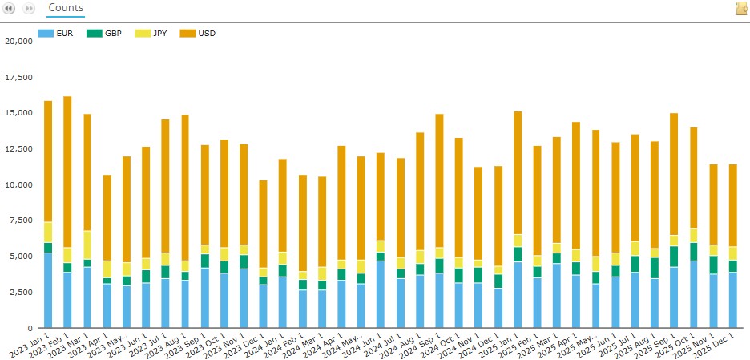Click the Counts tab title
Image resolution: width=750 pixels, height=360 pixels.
(x=66, y=7)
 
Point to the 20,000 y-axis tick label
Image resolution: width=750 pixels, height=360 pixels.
(x=18, y=41)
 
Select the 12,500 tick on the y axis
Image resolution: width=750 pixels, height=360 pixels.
(x=18, y=149)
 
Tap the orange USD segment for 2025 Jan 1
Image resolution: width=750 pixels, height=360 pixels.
(x=518, y=172)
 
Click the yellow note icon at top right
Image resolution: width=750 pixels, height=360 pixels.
(x=741, y=8)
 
